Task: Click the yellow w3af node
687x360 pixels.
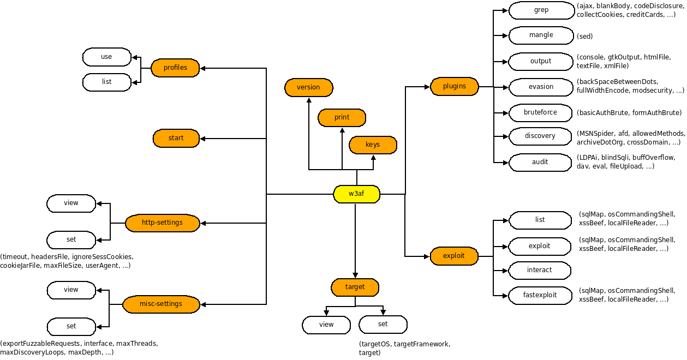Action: [356, 194]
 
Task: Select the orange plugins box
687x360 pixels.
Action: [454, 86]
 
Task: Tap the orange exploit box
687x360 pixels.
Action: [454, 256]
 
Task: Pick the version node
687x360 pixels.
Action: [308, 88]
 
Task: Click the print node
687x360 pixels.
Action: [342, 118]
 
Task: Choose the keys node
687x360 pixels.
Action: [373, 145]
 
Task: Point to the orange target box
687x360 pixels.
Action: [355, 287]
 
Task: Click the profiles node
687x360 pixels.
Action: [175, 68]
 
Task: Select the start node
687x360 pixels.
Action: [176, 139]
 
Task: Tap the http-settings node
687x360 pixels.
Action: [162, 223]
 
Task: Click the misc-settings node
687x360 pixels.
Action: [161, 304]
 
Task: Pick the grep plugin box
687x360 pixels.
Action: [541, 10]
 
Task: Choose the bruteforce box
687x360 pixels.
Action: [540, 113]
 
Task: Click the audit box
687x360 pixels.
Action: [540, 162]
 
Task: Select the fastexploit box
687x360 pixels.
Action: [540, 295]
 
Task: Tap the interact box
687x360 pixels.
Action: [539, 270]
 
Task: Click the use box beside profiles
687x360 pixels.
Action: [106, 57]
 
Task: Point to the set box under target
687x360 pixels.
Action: [383, 325]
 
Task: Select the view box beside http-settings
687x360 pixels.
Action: [71, 203]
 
